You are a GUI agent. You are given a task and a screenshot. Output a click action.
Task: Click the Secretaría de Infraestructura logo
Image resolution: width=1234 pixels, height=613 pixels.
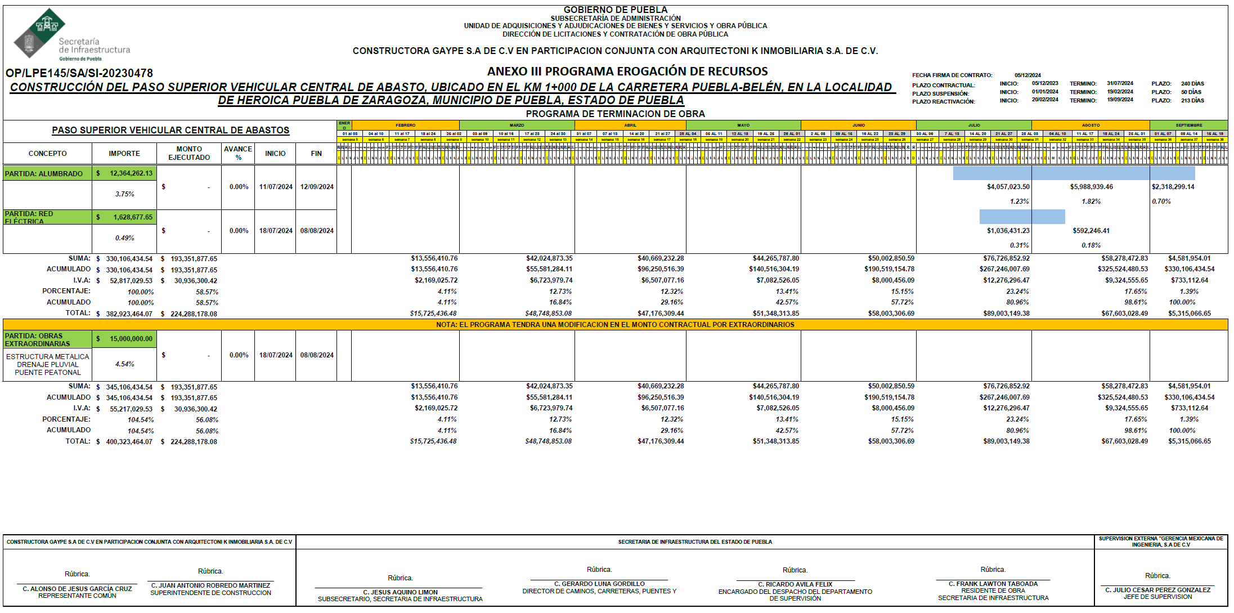pos(70,35)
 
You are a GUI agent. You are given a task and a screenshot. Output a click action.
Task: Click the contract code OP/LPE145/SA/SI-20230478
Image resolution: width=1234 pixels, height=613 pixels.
pos(79,73)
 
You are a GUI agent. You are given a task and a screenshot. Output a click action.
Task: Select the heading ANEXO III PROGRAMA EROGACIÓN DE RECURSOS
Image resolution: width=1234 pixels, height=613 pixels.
pos(627,71)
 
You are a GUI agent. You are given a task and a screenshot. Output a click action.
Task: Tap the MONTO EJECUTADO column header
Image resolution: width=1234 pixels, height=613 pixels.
pos(189,153)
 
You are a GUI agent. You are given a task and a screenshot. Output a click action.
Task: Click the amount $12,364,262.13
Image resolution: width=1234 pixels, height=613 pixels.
pos(125,173)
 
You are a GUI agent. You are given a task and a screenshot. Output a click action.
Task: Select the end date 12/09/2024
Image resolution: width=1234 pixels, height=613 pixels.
pos(317,187)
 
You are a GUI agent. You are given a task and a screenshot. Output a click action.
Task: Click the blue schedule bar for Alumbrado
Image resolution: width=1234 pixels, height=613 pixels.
pos(1074,173)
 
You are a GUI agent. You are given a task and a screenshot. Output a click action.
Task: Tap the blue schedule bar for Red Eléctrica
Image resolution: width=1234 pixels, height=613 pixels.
pos(1022,217)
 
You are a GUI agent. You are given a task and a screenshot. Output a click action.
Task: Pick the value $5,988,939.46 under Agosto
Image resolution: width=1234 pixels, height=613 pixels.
pos(1091,187)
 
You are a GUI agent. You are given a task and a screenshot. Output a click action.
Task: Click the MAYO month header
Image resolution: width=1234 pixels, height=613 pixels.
pos(743,125)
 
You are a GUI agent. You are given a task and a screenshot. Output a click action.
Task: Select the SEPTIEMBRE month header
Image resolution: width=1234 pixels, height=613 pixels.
pos(1188,125)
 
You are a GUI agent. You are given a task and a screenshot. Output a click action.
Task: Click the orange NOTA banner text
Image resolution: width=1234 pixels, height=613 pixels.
pos(615,325)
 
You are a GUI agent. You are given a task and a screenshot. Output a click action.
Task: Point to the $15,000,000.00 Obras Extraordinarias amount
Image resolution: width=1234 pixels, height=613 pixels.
pos(125,339)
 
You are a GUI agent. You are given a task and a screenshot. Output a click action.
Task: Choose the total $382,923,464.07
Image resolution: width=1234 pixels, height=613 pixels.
pos(129,314)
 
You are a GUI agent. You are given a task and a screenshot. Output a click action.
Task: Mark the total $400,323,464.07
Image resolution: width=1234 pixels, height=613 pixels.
pos(129,442)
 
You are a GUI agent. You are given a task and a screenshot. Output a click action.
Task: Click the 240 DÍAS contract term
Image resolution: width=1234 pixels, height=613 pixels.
pos(1192,83)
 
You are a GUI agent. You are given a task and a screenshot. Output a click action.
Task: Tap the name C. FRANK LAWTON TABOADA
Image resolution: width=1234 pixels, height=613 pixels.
pos(993,584)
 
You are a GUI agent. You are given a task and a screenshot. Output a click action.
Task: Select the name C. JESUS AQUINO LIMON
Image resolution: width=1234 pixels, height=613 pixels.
pos(400,592)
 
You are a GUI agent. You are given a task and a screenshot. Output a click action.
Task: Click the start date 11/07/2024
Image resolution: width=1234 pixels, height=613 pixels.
pos(276,187)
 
